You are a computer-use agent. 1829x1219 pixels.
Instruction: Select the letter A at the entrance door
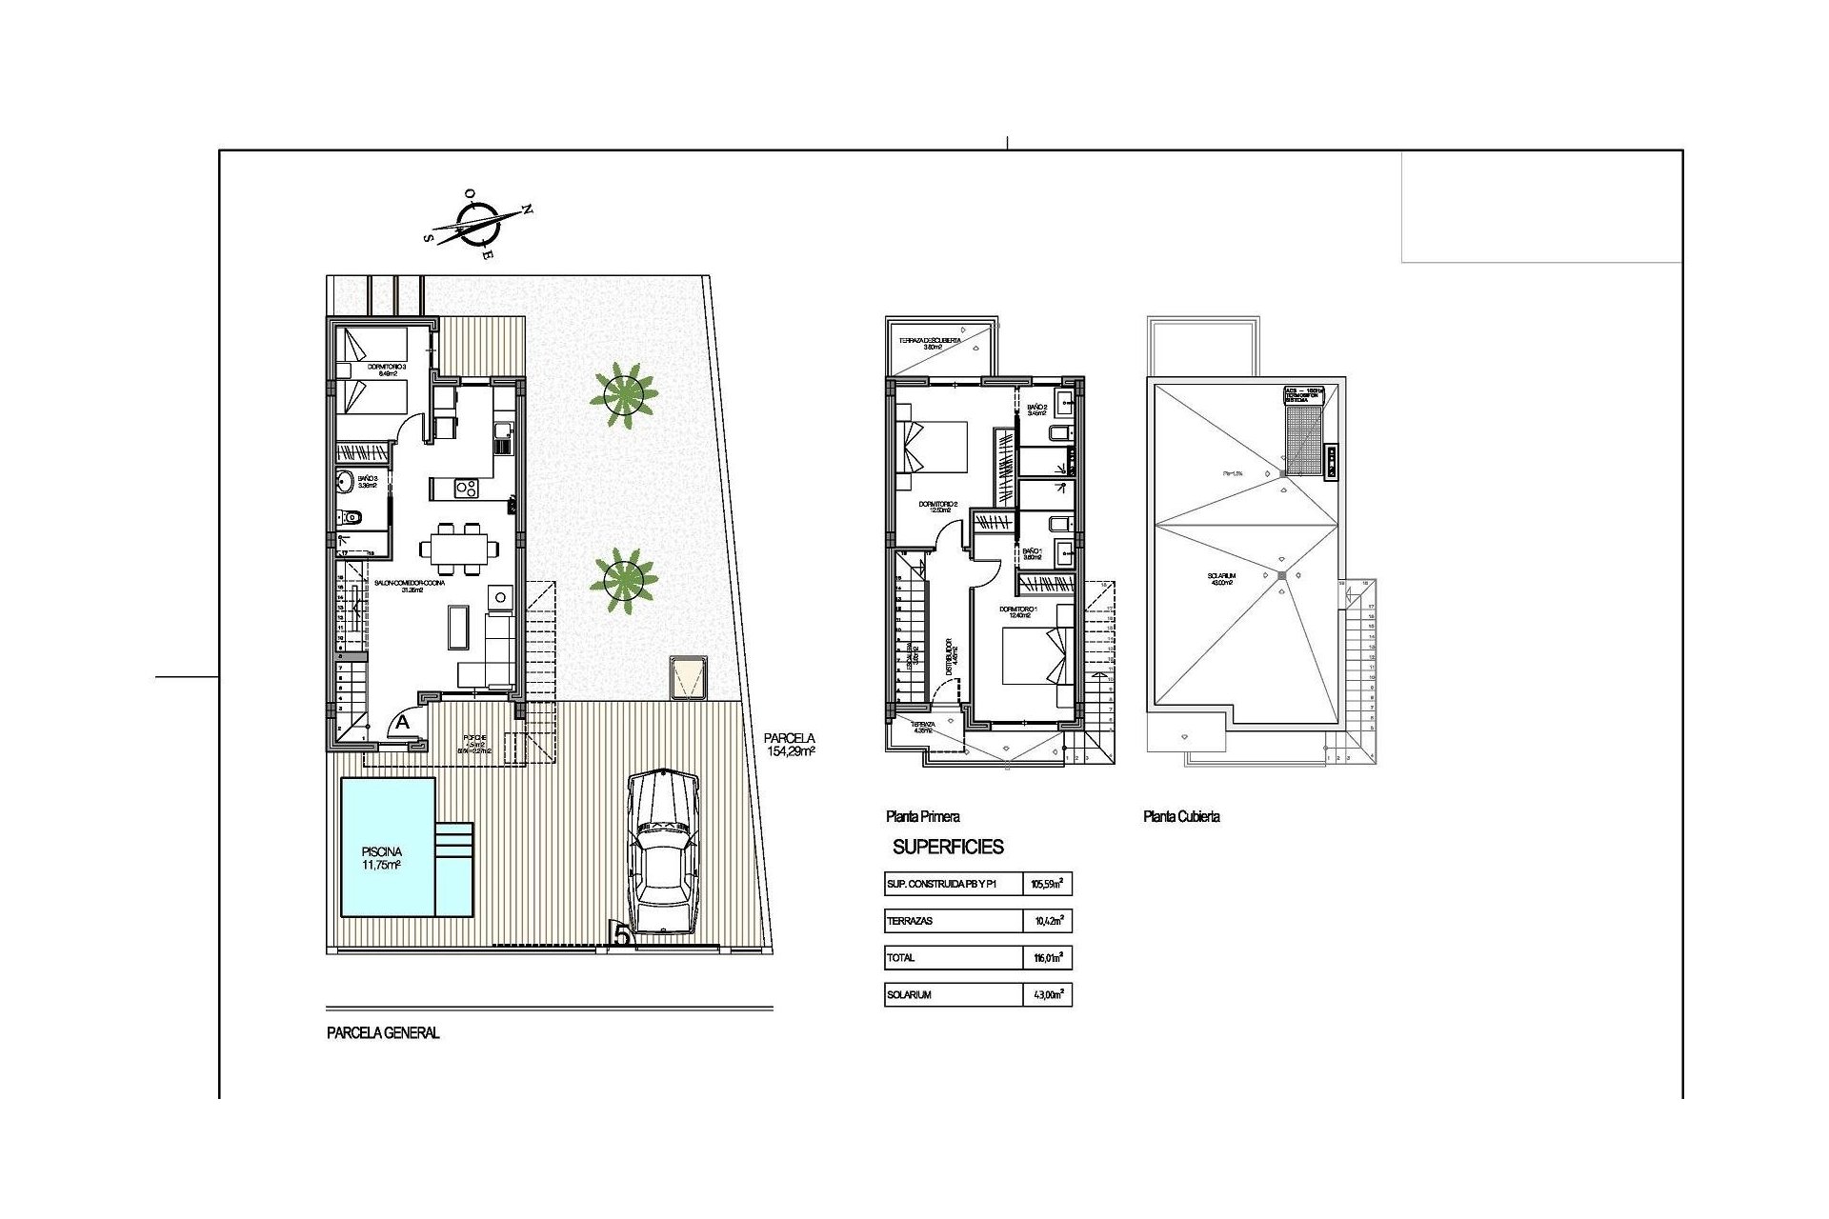tap(403, 723)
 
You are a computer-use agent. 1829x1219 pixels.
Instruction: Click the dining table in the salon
tap(459, 550)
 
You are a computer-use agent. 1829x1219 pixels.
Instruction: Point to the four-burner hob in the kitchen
tap(467, 490)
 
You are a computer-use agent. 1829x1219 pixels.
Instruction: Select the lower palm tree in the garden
tap(624, 578)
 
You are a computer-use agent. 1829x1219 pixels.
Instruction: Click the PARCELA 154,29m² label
tap(790, 744)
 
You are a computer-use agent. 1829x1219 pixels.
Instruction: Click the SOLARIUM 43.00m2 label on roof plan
tap(1220, 580)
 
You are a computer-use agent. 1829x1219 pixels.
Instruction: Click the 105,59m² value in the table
tap(1046, 885)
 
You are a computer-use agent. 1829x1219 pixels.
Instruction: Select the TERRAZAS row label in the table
tap(909, 922)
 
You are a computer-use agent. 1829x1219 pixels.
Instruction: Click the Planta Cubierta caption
tap(1181, 817)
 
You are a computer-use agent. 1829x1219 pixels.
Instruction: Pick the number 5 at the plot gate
tap(621, 936)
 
